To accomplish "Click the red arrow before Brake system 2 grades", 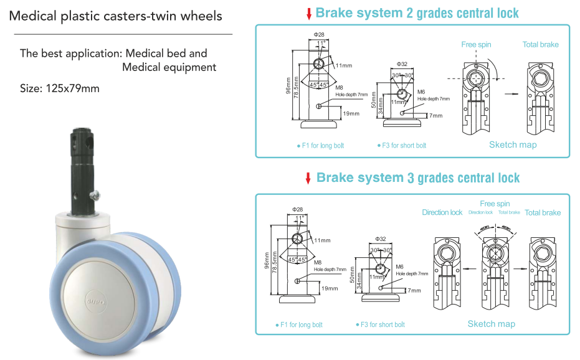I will [308, 14].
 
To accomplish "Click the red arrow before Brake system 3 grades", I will [308, 178].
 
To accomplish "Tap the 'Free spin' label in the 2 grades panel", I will [477, 44].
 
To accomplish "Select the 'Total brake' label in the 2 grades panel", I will [540, 44].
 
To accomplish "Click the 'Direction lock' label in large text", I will [442, 212].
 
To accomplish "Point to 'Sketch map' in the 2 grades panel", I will [512, 144].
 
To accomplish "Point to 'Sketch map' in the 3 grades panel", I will [491, 323].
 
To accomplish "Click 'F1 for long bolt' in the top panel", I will [322, 146].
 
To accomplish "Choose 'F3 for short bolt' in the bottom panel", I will [382, 324].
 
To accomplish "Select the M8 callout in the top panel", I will [340, 88].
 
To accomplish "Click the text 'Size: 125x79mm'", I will [60, 88].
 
